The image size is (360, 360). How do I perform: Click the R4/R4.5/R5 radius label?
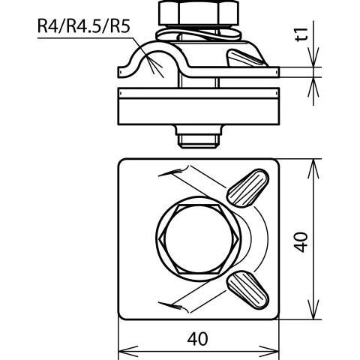(84, 26)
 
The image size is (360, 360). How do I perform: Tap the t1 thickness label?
(301, 34)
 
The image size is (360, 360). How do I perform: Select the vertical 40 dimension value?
(301, 242)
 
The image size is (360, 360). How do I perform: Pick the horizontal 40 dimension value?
(197, 339)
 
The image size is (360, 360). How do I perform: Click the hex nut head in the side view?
(199, 13)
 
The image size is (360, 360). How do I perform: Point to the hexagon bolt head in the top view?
(199, 238)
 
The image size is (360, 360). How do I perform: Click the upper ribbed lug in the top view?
(247, 188)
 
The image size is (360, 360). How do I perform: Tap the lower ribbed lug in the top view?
(247, 289)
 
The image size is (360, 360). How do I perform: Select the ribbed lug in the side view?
(246, 58)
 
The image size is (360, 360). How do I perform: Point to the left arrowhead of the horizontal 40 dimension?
(128, 351)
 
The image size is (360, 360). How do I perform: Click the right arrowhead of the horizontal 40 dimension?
(268, 351)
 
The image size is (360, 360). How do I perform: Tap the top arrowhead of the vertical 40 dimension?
(313, 169)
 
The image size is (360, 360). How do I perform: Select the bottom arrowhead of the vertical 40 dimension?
(313, 310)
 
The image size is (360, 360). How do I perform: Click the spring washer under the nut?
(199, 35)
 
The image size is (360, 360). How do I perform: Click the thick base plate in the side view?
(199, 106)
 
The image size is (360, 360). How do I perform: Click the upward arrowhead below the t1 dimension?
(313, 87)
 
